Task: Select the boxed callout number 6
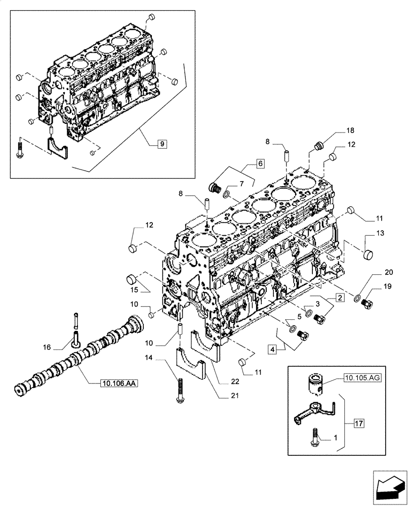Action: click(x=259, y=163)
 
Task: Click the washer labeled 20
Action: click(x=358, y=298)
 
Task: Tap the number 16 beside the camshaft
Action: click(x=62, y=347)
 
